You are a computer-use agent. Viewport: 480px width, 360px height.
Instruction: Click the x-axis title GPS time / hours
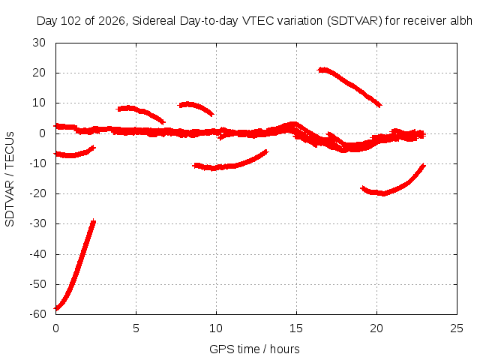tap(254, 349)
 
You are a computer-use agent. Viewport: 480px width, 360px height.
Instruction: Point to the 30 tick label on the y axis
tap(39, 43)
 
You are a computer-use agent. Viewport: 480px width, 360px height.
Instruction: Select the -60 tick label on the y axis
tap(38, 314)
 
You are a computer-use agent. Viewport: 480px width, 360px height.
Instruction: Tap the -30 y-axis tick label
tap(38, 223)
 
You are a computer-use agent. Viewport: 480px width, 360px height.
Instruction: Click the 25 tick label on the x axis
tap(457, 328)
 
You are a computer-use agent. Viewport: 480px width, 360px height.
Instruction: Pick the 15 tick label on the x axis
tap(296, 328)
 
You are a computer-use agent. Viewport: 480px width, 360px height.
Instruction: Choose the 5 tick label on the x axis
tap(136, 328)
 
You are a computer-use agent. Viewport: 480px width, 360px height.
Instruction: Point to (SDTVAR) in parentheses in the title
tap(355, 21)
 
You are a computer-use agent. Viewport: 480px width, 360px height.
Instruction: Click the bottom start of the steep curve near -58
tap(56, 308)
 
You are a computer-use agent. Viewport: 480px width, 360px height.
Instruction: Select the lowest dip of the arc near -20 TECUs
tap(383, 193)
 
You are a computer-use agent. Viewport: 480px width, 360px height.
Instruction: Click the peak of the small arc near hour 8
tap(187, 104)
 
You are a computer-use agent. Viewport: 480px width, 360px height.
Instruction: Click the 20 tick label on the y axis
tap(39, 73)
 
